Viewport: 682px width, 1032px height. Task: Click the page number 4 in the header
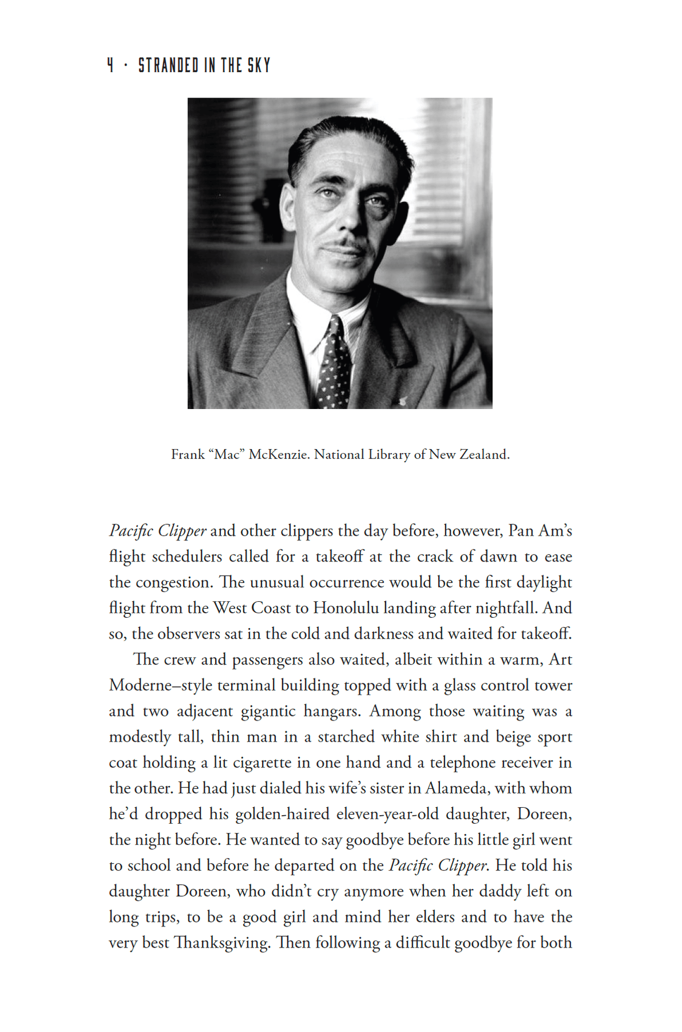[x=110, y=65]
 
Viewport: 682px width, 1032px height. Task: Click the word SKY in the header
[x=259, y=65]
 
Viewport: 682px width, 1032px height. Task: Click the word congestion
[x=174, y=582]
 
